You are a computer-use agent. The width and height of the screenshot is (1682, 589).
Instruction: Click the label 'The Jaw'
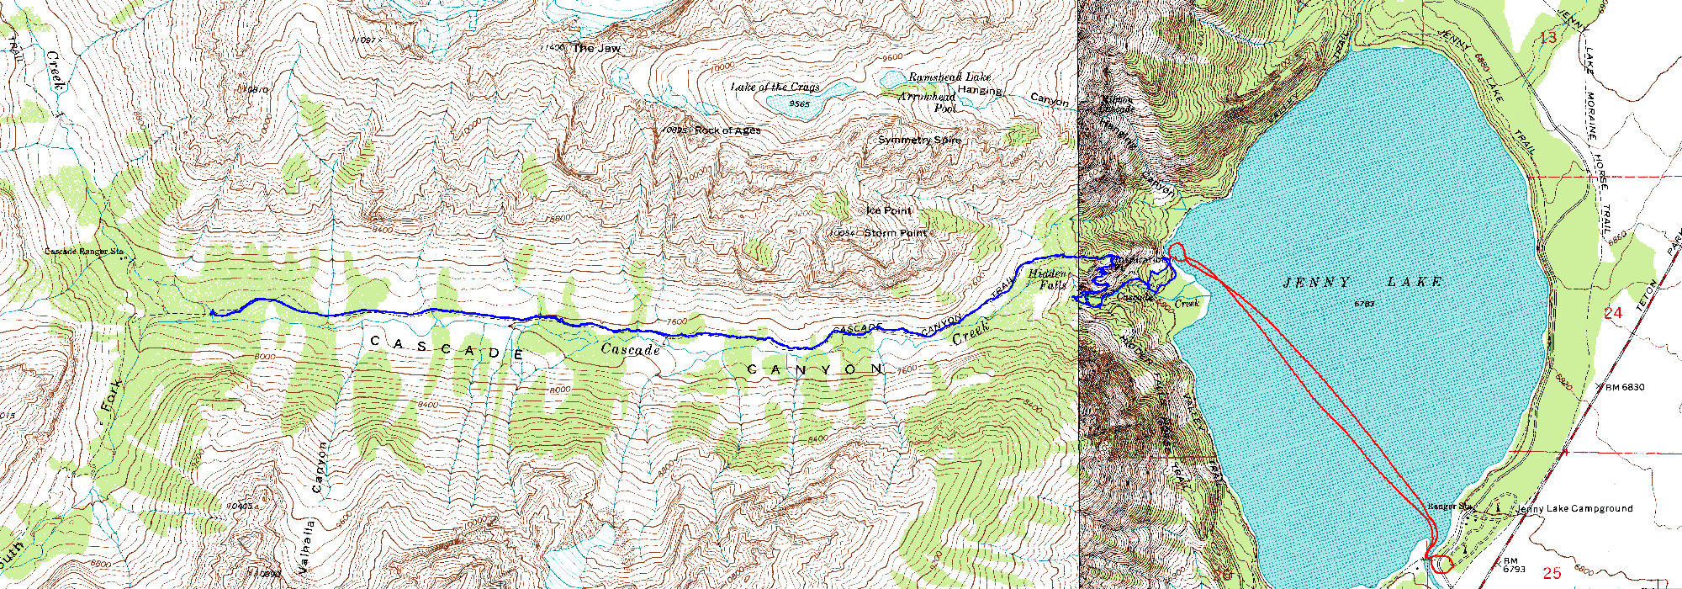[x=596, y=49]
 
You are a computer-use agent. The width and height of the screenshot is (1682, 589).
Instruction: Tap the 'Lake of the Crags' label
[x=775, y=88]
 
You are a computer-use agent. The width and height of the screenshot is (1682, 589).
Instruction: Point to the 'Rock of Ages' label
[x=727, y=130]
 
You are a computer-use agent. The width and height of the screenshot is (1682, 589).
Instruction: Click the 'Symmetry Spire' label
[x=919, y=140]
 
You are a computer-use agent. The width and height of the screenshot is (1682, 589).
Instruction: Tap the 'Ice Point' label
[x=888, y=210]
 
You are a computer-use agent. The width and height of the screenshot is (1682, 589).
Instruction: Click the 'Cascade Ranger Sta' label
[x=84, y=251]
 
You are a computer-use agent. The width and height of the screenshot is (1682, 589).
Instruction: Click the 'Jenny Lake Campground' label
[x=1574, y=508]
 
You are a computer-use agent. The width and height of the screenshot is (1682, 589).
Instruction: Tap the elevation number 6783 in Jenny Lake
[x=1364, y=302]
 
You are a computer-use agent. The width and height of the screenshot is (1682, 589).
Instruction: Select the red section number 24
[x=1612, y=313]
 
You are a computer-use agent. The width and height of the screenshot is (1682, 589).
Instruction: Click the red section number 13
[x=1548, y=37]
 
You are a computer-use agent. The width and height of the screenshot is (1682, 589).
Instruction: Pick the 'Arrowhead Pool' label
[x=928, y=103]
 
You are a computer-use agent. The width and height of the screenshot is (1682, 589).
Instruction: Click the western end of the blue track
[x=212, y=313]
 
